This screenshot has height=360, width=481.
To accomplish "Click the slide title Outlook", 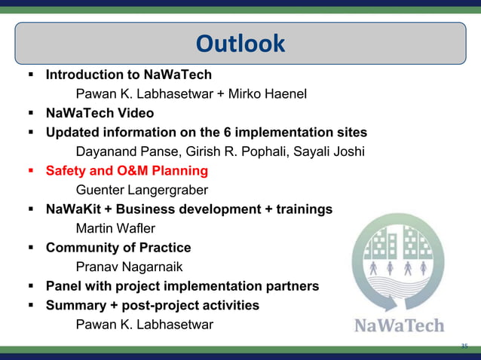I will pyautogui.click(x=240, y=44).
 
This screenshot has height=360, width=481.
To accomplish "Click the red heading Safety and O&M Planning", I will pyautogui.click(x=127, y=171).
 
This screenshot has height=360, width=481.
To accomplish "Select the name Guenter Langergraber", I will pyautogui.click(x=142, y=191).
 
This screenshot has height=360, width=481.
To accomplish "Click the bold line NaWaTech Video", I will pyautogui.click(x=100, y=113).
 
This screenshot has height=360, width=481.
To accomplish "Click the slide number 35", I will pyautogui.click(x=464, y=346).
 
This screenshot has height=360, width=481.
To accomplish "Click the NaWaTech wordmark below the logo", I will pyautogui.click(x=399, y=326).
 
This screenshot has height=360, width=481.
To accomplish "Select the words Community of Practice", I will pyautogui.click(x=118, y=248).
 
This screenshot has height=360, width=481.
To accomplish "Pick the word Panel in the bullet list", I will pyautogui.click(x=63, y=286).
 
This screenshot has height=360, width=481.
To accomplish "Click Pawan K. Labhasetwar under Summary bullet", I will pyautogui.click(x=145, y=325).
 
